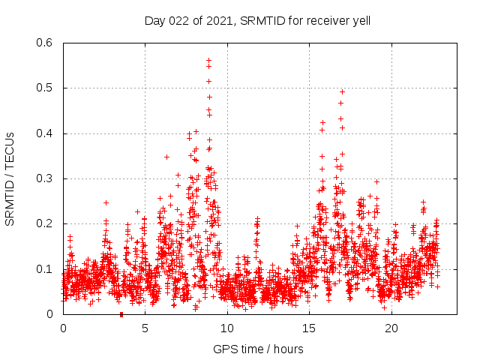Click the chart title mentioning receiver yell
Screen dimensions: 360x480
(x=258, y=21)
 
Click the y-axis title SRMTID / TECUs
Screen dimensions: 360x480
(x=10, y=178)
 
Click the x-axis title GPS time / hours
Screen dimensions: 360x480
(x=258, y=349)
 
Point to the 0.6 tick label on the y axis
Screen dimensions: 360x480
(x=45, y=43)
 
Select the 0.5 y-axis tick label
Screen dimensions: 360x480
(x=45, y=88)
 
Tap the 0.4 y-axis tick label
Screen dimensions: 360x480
(x=45, y=133)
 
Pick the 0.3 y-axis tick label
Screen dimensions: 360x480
(x=45, y=178)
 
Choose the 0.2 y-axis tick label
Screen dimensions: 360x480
(x=45, y=223)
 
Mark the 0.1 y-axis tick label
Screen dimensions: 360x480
(x=45, y=268)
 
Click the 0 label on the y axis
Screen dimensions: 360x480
(x=50, y=314)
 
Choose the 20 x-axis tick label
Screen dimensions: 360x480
(x=391, y=328)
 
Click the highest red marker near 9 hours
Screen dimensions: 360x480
(x=208, y=60)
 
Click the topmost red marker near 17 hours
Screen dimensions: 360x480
(x=342, y=91)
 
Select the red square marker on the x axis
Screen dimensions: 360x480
(x=121, y=314)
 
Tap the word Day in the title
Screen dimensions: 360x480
(x=154, y=21)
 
